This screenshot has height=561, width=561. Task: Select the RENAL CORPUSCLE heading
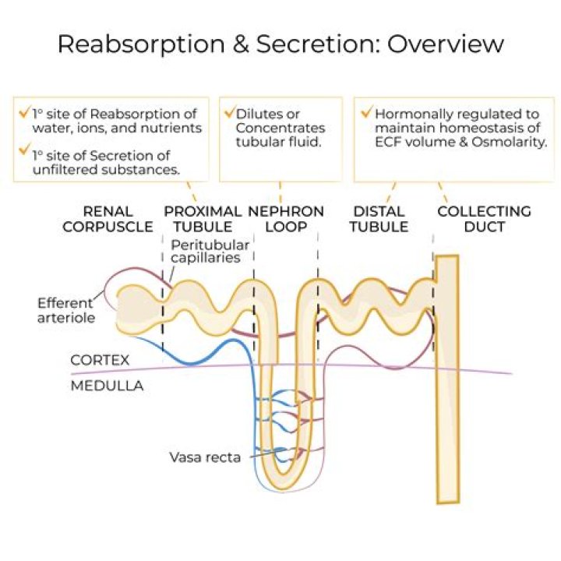click(108, 219)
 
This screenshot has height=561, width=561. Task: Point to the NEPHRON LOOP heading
click(286, 219)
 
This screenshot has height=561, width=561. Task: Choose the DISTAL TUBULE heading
click(379, 219)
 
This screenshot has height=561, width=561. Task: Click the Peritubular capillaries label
click(210, 252)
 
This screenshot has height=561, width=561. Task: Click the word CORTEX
click(100, 361)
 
